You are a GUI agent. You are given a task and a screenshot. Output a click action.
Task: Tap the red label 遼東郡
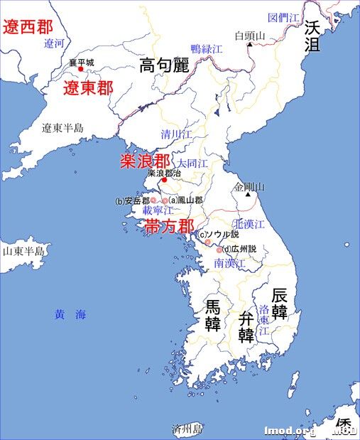pos(88,89)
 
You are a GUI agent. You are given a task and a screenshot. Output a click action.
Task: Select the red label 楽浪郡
pos(144,161)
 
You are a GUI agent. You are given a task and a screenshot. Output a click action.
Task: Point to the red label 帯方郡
pos(170,227)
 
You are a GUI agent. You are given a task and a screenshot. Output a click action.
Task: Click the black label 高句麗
pos(164,66)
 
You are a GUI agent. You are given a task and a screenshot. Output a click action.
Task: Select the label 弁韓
pos(246,326)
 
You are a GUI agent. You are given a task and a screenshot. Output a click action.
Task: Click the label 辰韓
pos(280,304)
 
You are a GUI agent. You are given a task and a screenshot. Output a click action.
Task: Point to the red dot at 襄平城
pos(81,70)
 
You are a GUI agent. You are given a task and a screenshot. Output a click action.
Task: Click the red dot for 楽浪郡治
pos(164,180)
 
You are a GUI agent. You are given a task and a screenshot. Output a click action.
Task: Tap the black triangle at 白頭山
pos(250,45)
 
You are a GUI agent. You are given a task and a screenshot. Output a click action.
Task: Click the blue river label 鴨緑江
pos(207,49)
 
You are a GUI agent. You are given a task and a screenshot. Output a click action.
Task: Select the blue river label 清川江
pos(177,134)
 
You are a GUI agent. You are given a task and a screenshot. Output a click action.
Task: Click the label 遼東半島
pos(62,129)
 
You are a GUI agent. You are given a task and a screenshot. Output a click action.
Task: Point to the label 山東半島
pos(23,251)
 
